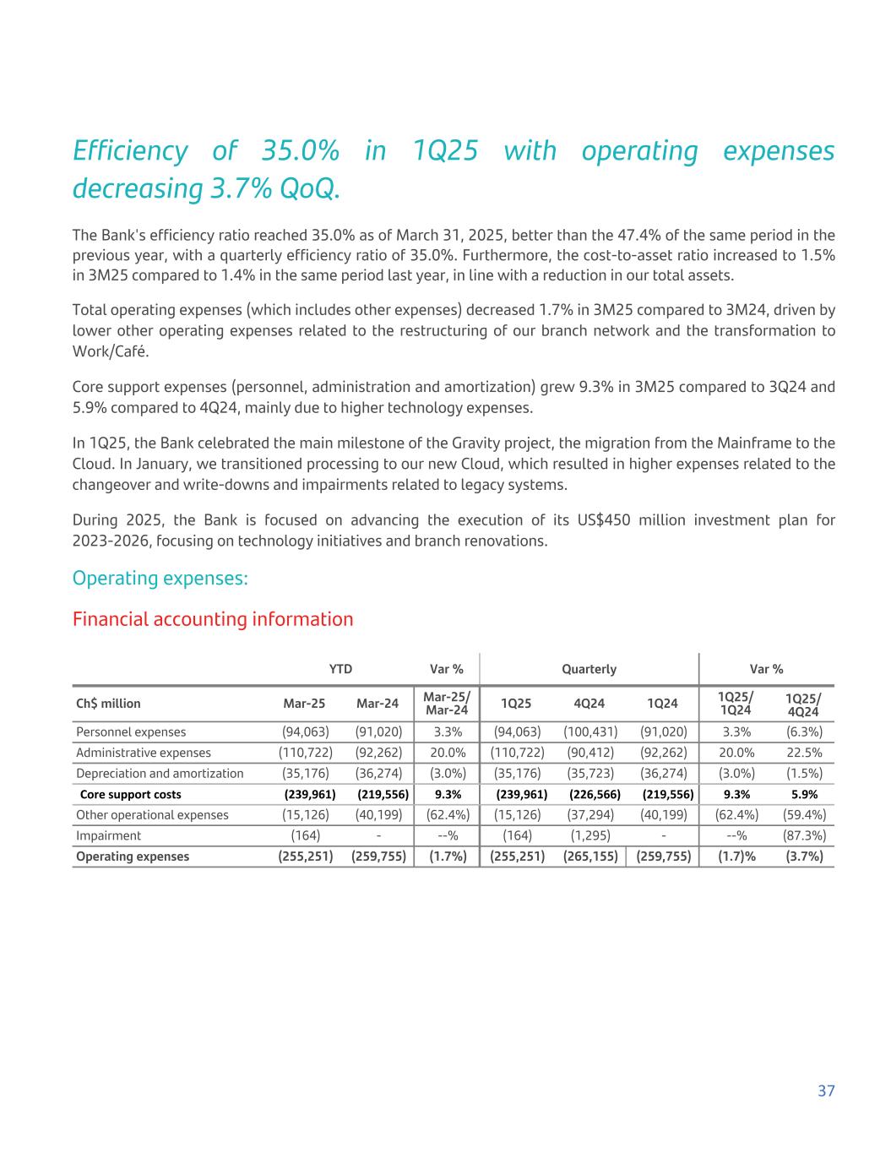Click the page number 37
[x=826, y=1090]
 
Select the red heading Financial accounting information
[x=213, y=619]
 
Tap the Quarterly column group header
[x=589, y=669]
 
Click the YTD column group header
[x=340, y=669]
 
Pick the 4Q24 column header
[x=589, y=704]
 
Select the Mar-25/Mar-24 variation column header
[x=446, y=703]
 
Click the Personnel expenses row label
[x=131, y=732]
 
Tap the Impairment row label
[x=108, y=835]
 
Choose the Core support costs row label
[x=130, y=794]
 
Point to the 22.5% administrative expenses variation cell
[x=804, y=753]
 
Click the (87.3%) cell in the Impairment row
[x=804, y=835]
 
